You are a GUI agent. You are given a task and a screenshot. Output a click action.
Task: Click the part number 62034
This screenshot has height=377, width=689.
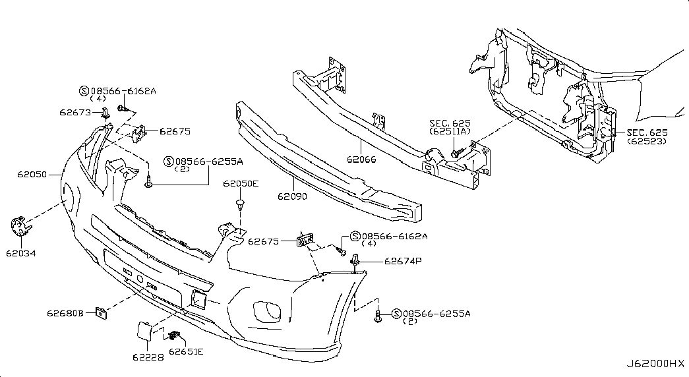coord(22,252)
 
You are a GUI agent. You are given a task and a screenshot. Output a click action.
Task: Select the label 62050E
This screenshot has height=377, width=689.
coord(241,184)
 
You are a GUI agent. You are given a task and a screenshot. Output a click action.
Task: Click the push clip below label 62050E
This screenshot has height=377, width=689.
coord(241,204)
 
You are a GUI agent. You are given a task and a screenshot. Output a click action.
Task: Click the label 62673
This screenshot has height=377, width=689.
coord(75,112)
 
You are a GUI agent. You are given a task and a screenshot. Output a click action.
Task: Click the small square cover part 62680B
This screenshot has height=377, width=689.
coord(102,312)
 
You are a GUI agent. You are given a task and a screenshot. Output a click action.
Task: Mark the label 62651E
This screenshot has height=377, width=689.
coord(185,351)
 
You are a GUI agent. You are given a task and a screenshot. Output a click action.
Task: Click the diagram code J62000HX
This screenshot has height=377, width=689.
coord(655,364)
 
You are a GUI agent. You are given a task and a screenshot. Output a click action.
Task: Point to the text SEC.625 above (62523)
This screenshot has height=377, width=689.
coord(647,132)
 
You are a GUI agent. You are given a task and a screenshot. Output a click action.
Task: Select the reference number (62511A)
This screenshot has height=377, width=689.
coord(450,131)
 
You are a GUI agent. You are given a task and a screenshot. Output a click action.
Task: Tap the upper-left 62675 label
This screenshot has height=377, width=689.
coord(175,131)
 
